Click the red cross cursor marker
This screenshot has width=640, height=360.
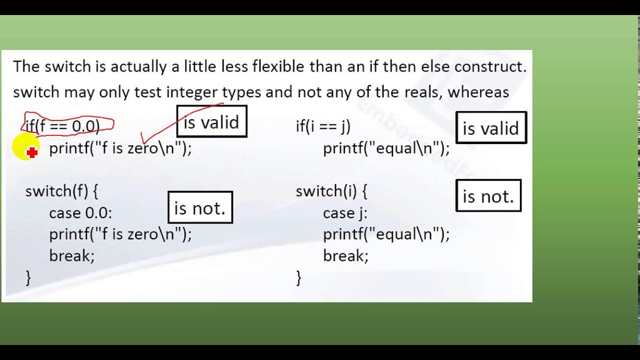tap(32, 152)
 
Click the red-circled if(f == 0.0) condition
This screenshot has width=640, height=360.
tap(62, 126)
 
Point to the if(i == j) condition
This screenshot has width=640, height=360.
tap(323, 126)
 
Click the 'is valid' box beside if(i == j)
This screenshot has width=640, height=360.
tap(491, 127)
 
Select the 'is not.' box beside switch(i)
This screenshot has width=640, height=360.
tap(488, 195)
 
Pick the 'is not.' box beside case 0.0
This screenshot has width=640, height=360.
tap(200, 207)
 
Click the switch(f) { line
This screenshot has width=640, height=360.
tap(61, 191)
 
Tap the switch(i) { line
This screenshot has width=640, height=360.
tap(331, 191)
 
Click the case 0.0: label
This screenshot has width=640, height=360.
tap(80, 213)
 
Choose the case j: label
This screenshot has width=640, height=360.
tap(345, 213)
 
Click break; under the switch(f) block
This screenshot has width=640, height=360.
tap(71, 255)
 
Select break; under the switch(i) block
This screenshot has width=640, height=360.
tap(345, 255)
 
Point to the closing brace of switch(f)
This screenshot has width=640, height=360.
tap(28, 277)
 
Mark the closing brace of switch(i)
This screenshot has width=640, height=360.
tap(298, 277)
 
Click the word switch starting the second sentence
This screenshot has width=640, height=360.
tap(36, 92)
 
